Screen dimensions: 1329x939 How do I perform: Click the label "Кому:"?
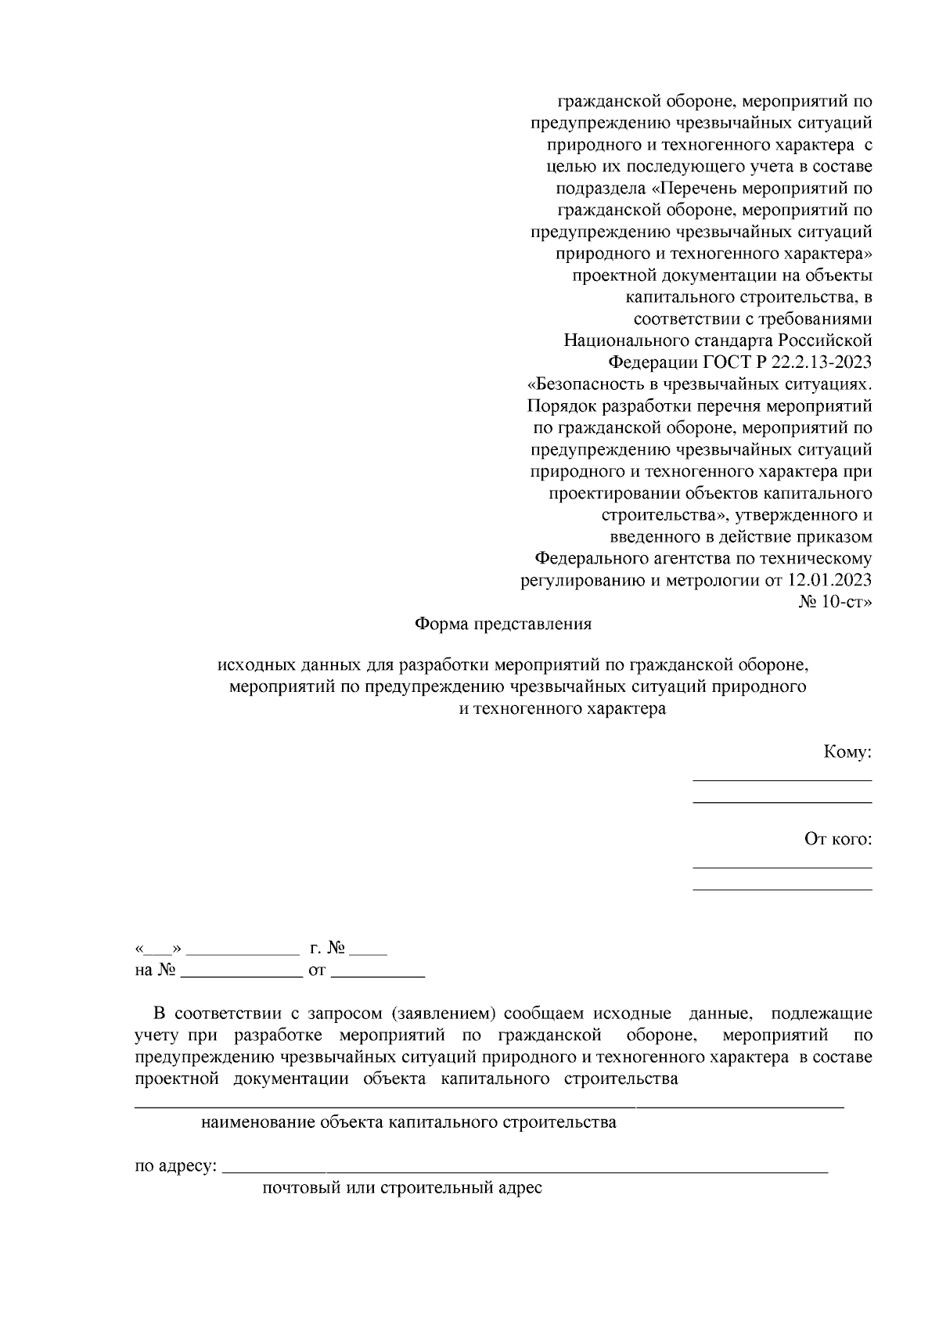pos(847,752)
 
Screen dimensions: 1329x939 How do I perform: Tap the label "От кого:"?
pos(838,839)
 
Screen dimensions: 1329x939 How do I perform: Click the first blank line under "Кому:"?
pos(782,780)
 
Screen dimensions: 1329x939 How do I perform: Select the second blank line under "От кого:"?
pos(782,889)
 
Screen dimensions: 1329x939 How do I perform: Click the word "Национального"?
pos(626,340)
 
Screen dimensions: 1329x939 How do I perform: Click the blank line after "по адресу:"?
pos(524,1172)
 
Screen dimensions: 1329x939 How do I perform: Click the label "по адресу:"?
pos(175,1166)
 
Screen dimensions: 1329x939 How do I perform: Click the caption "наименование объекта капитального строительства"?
pos(408,1123)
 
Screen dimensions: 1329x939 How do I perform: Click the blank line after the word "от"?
pos(378,977)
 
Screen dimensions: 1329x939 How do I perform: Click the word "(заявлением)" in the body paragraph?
pos(443,1014)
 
